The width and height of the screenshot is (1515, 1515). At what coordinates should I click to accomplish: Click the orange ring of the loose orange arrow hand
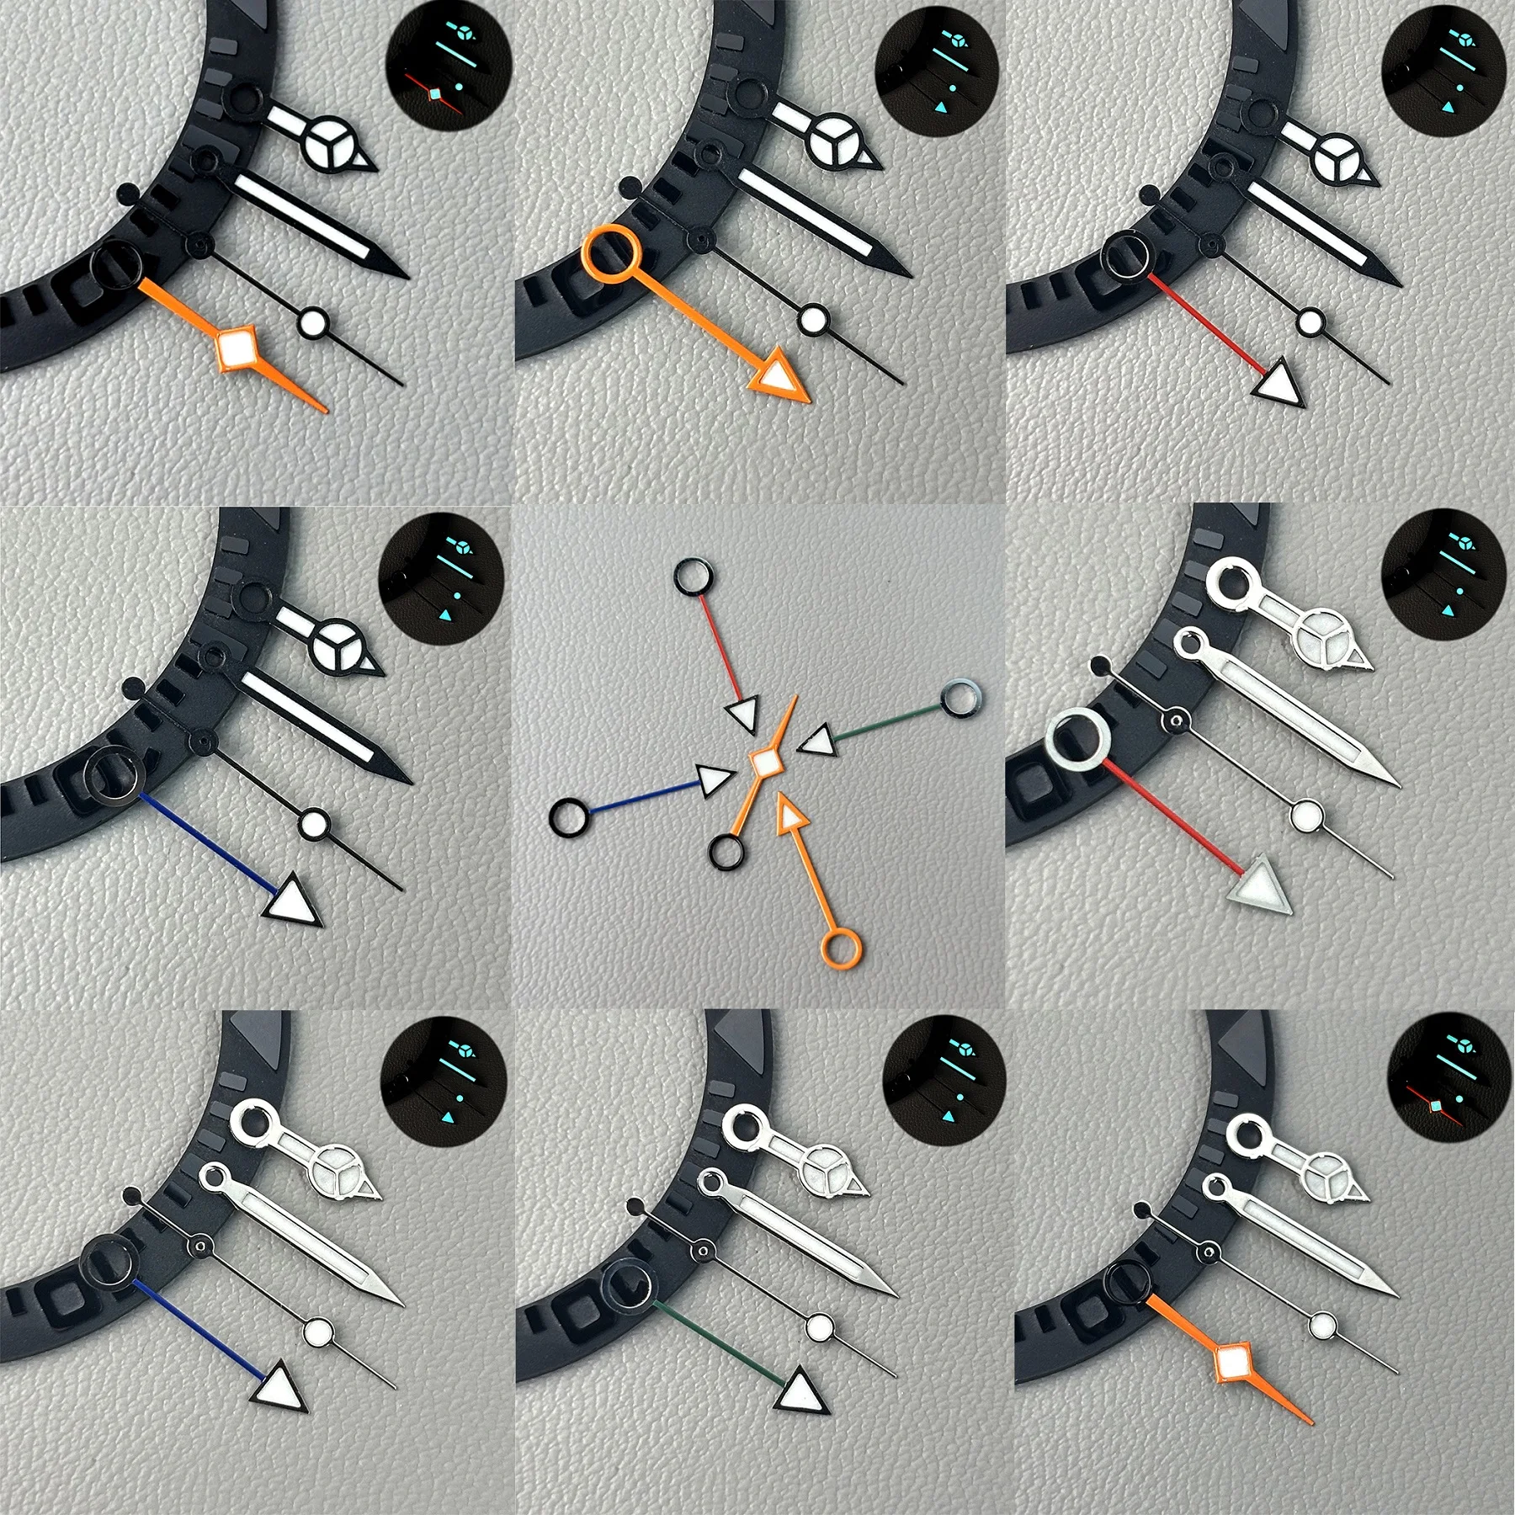[837, 949]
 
